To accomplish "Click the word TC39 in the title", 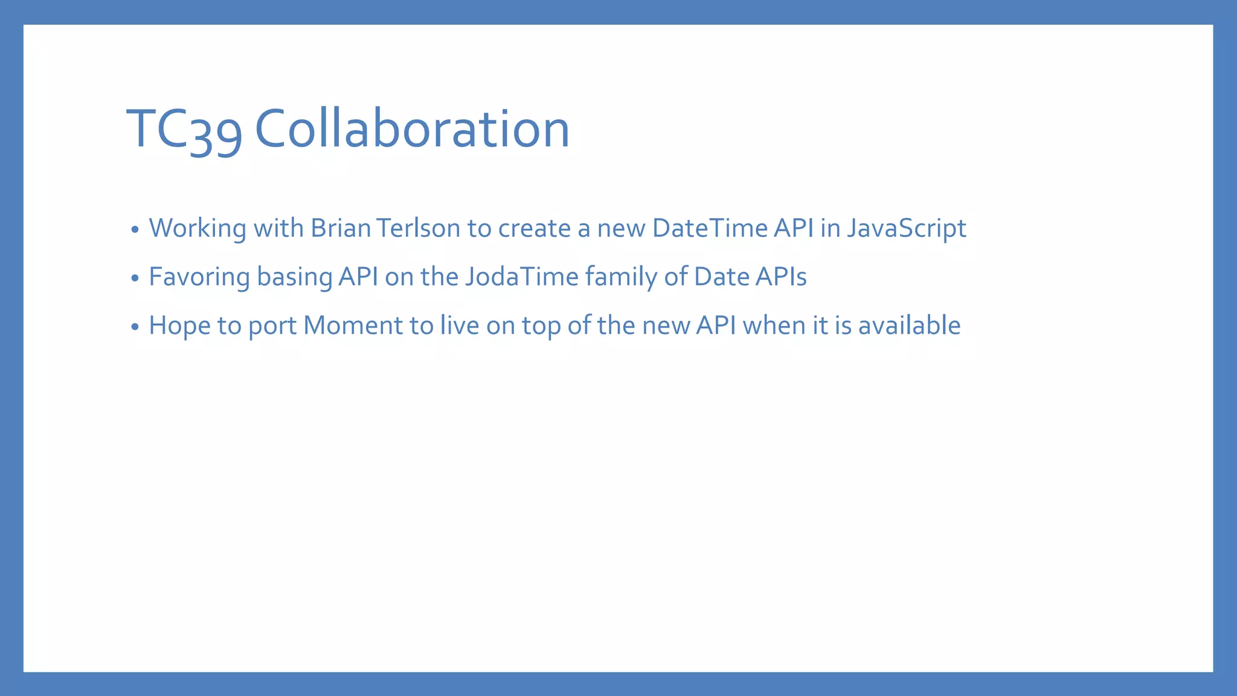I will click(x=184, y=129).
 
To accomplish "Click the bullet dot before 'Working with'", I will click(x=135, y=230).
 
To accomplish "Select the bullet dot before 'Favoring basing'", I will click(x=135, y=278).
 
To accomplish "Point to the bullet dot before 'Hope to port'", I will click(x=135, y=327).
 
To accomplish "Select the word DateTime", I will click(x=710, y=228).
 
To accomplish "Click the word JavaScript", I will click(x=906, y=228).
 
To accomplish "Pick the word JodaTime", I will click(x=522, y=277).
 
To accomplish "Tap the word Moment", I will click(x=353, y=326).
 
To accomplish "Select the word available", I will click(x=909, y=326).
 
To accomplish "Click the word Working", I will click(x=198, y=228).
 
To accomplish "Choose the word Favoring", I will click(x=199, y=277).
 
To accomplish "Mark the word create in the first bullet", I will click(x=534, y=228).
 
